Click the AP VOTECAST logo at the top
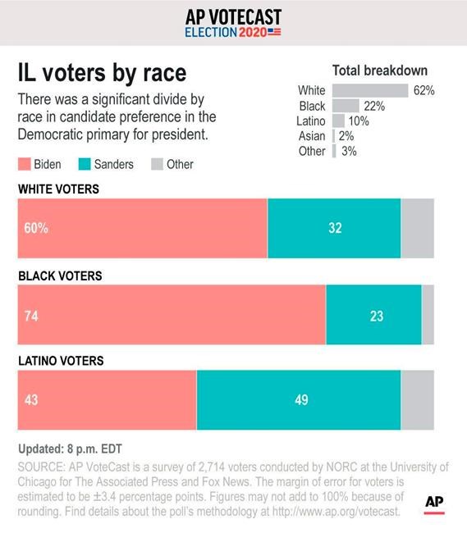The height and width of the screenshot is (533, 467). point(233,23)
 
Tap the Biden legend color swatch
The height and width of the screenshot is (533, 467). point(24,164)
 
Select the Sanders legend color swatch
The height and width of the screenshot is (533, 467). point(84,164)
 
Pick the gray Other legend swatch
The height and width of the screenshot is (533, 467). point(156,164)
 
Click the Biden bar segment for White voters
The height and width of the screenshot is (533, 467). point(143,229)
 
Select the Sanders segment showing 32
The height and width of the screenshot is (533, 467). point(334,229)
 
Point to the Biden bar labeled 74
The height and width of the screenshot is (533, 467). point(172,315)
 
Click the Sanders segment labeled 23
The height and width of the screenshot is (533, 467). point(373,315)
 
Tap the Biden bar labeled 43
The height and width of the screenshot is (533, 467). point(107,400)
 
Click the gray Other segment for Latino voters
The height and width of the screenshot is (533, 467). point(418,400)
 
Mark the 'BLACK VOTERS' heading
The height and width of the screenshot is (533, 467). point(60,276)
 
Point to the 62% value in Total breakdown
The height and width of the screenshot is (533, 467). point(424,90)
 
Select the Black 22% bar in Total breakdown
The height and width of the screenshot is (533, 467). point(346,106)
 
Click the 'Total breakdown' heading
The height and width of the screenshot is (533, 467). point(379,71)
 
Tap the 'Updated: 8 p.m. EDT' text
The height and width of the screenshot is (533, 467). point(70,449)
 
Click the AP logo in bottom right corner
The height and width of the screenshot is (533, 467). point(435,500)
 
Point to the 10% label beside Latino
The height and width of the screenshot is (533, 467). point(358,121)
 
